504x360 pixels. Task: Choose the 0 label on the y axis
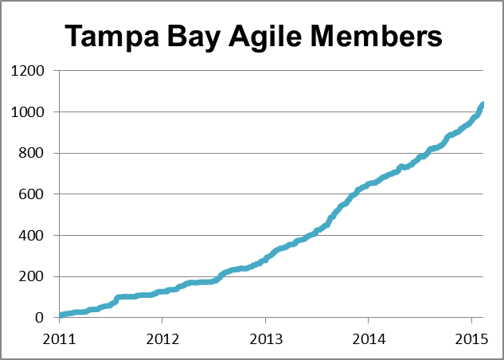point(48,318)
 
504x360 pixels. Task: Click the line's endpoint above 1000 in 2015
point(483,105)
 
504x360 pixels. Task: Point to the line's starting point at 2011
point(60,315)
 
